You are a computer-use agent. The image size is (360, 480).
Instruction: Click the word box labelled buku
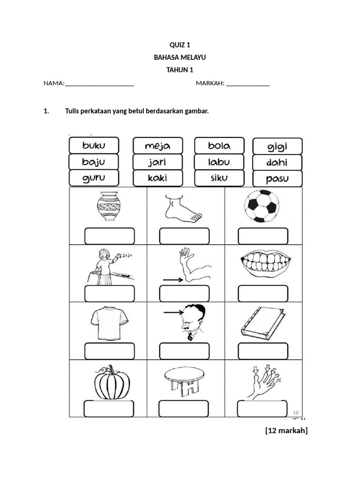(x=94, y=145)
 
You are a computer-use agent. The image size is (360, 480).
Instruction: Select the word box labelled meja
(x=157, y=146)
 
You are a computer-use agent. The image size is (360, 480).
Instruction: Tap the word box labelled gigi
(x=277, y=146)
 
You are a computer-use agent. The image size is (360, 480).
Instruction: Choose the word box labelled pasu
(x=277, y=179)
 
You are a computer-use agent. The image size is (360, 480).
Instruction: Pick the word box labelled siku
(x=219, y=178)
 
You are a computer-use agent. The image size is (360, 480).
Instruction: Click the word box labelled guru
(x=94, y=178)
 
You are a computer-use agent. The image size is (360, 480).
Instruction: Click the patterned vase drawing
(x=109, y=206)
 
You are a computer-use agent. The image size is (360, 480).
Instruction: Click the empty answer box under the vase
(x=109, y=236)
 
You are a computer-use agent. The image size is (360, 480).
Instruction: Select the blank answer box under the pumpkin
(x=109, y=409)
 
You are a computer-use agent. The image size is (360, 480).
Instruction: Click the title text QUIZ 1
(x=180, y=45)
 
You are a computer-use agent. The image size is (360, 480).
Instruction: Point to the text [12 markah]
(x=286, y=431)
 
